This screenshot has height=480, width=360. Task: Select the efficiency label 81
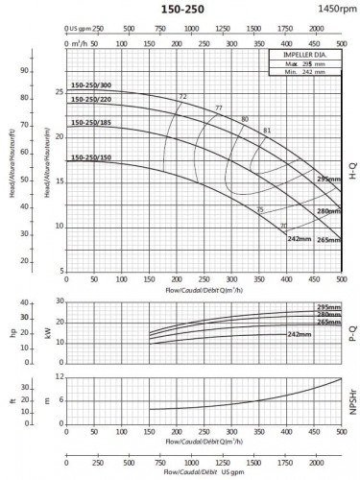coord(267,131)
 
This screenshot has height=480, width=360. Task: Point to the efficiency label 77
coord(219,108)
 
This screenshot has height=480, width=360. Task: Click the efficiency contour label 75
coord(259,209)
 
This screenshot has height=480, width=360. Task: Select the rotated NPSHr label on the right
coord(352,400)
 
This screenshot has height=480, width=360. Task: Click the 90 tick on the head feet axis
coord(27,71)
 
